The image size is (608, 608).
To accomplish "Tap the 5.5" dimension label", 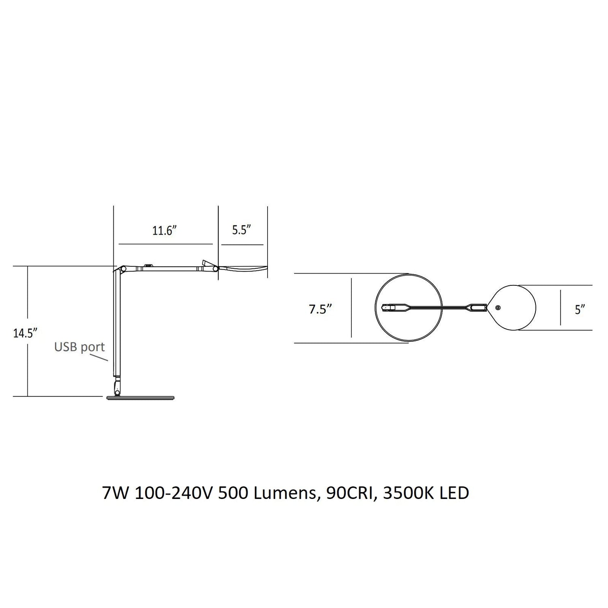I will (242, 230).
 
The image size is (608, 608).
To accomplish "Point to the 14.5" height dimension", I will (25, 334).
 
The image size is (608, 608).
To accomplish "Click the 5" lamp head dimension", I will (580, 310).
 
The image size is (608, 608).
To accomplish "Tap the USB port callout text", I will (79, 347).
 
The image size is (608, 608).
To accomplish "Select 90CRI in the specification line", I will (349, 493).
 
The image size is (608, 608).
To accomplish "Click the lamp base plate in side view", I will (140, 398).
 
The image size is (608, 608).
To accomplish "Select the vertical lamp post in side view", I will (117, 324).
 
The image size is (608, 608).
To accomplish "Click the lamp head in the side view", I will (243, 268).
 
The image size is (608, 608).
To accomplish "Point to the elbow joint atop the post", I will (121, 269).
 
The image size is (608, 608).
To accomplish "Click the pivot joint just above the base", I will (117, 387).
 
